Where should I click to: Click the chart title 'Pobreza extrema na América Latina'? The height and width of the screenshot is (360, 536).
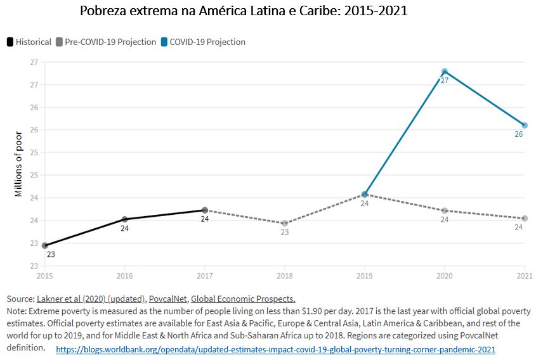tap(244, 11)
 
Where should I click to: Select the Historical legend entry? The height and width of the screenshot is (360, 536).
tap(29, 42)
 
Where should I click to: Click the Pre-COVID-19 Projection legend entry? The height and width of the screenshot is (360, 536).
tap(105, 42)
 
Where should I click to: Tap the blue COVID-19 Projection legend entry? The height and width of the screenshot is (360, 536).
tap(202, 42)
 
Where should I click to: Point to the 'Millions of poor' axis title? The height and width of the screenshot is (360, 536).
tap(18, 164)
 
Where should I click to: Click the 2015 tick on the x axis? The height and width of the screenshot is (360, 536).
tap(44, 276)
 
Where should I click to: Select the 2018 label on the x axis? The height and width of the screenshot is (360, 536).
tap(284, 276)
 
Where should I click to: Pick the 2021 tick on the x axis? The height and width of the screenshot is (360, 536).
tap(524, 276)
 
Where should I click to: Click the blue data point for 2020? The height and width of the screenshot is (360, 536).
tap(445, 72)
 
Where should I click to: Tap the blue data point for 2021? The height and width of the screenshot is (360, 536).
tap(525, 125)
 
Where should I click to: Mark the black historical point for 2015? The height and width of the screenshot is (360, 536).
tap(45, 245)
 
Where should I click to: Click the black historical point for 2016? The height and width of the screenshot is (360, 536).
tap(125, 219)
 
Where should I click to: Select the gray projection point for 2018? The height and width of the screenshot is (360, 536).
tap(285, 223)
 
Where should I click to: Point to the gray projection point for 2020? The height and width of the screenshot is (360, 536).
tap(445, 210)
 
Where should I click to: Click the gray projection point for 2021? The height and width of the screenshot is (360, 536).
tap(525, 219)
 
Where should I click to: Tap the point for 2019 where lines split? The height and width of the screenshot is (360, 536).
tap(365, 194)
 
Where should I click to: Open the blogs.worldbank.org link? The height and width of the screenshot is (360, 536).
tap(275, 350)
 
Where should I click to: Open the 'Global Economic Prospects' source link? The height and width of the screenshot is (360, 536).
tap(243, 299)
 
